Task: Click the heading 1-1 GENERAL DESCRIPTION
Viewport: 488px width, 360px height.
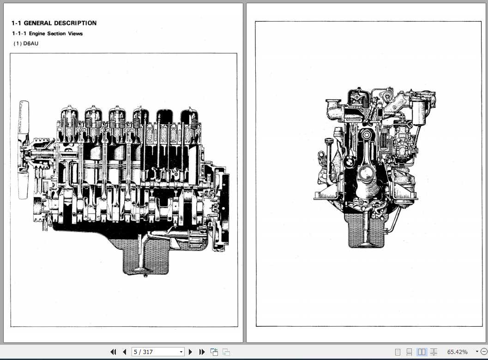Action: [x=54, y=23]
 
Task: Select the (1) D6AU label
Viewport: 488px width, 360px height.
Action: [x=26, y=44]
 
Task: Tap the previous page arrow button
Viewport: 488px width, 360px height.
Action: [x=124, y=352]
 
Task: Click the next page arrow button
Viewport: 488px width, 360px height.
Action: [x=190, y=352]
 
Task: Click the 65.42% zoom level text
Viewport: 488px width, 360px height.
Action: [x=457, y=352]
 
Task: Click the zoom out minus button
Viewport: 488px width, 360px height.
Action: [x=483, y=352]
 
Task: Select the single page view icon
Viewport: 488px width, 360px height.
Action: [x=398, y=352]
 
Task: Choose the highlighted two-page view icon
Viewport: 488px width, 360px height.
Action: [x=422, y=352]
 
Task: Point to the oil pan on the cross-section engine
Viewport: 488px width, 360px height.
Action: [x=366, y=231]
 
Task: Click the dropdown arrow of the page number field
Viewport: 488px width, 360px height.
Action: [x=181, y=352]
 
